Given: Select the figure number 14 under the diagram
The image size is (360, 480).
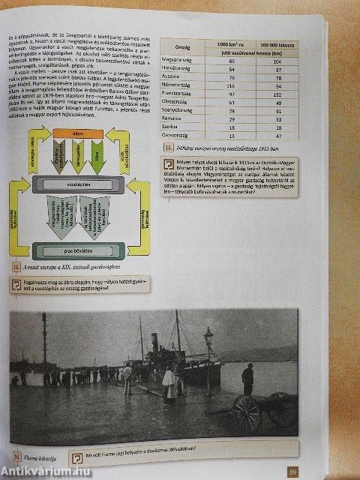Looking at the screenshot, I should (x=16, y=266).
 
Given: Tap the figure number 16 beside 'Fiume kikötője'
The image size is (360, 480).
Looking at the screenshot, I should (x=16, y=454).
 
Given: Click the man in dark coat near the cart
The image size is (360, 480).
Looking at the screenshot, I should (x=247, y=379).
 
